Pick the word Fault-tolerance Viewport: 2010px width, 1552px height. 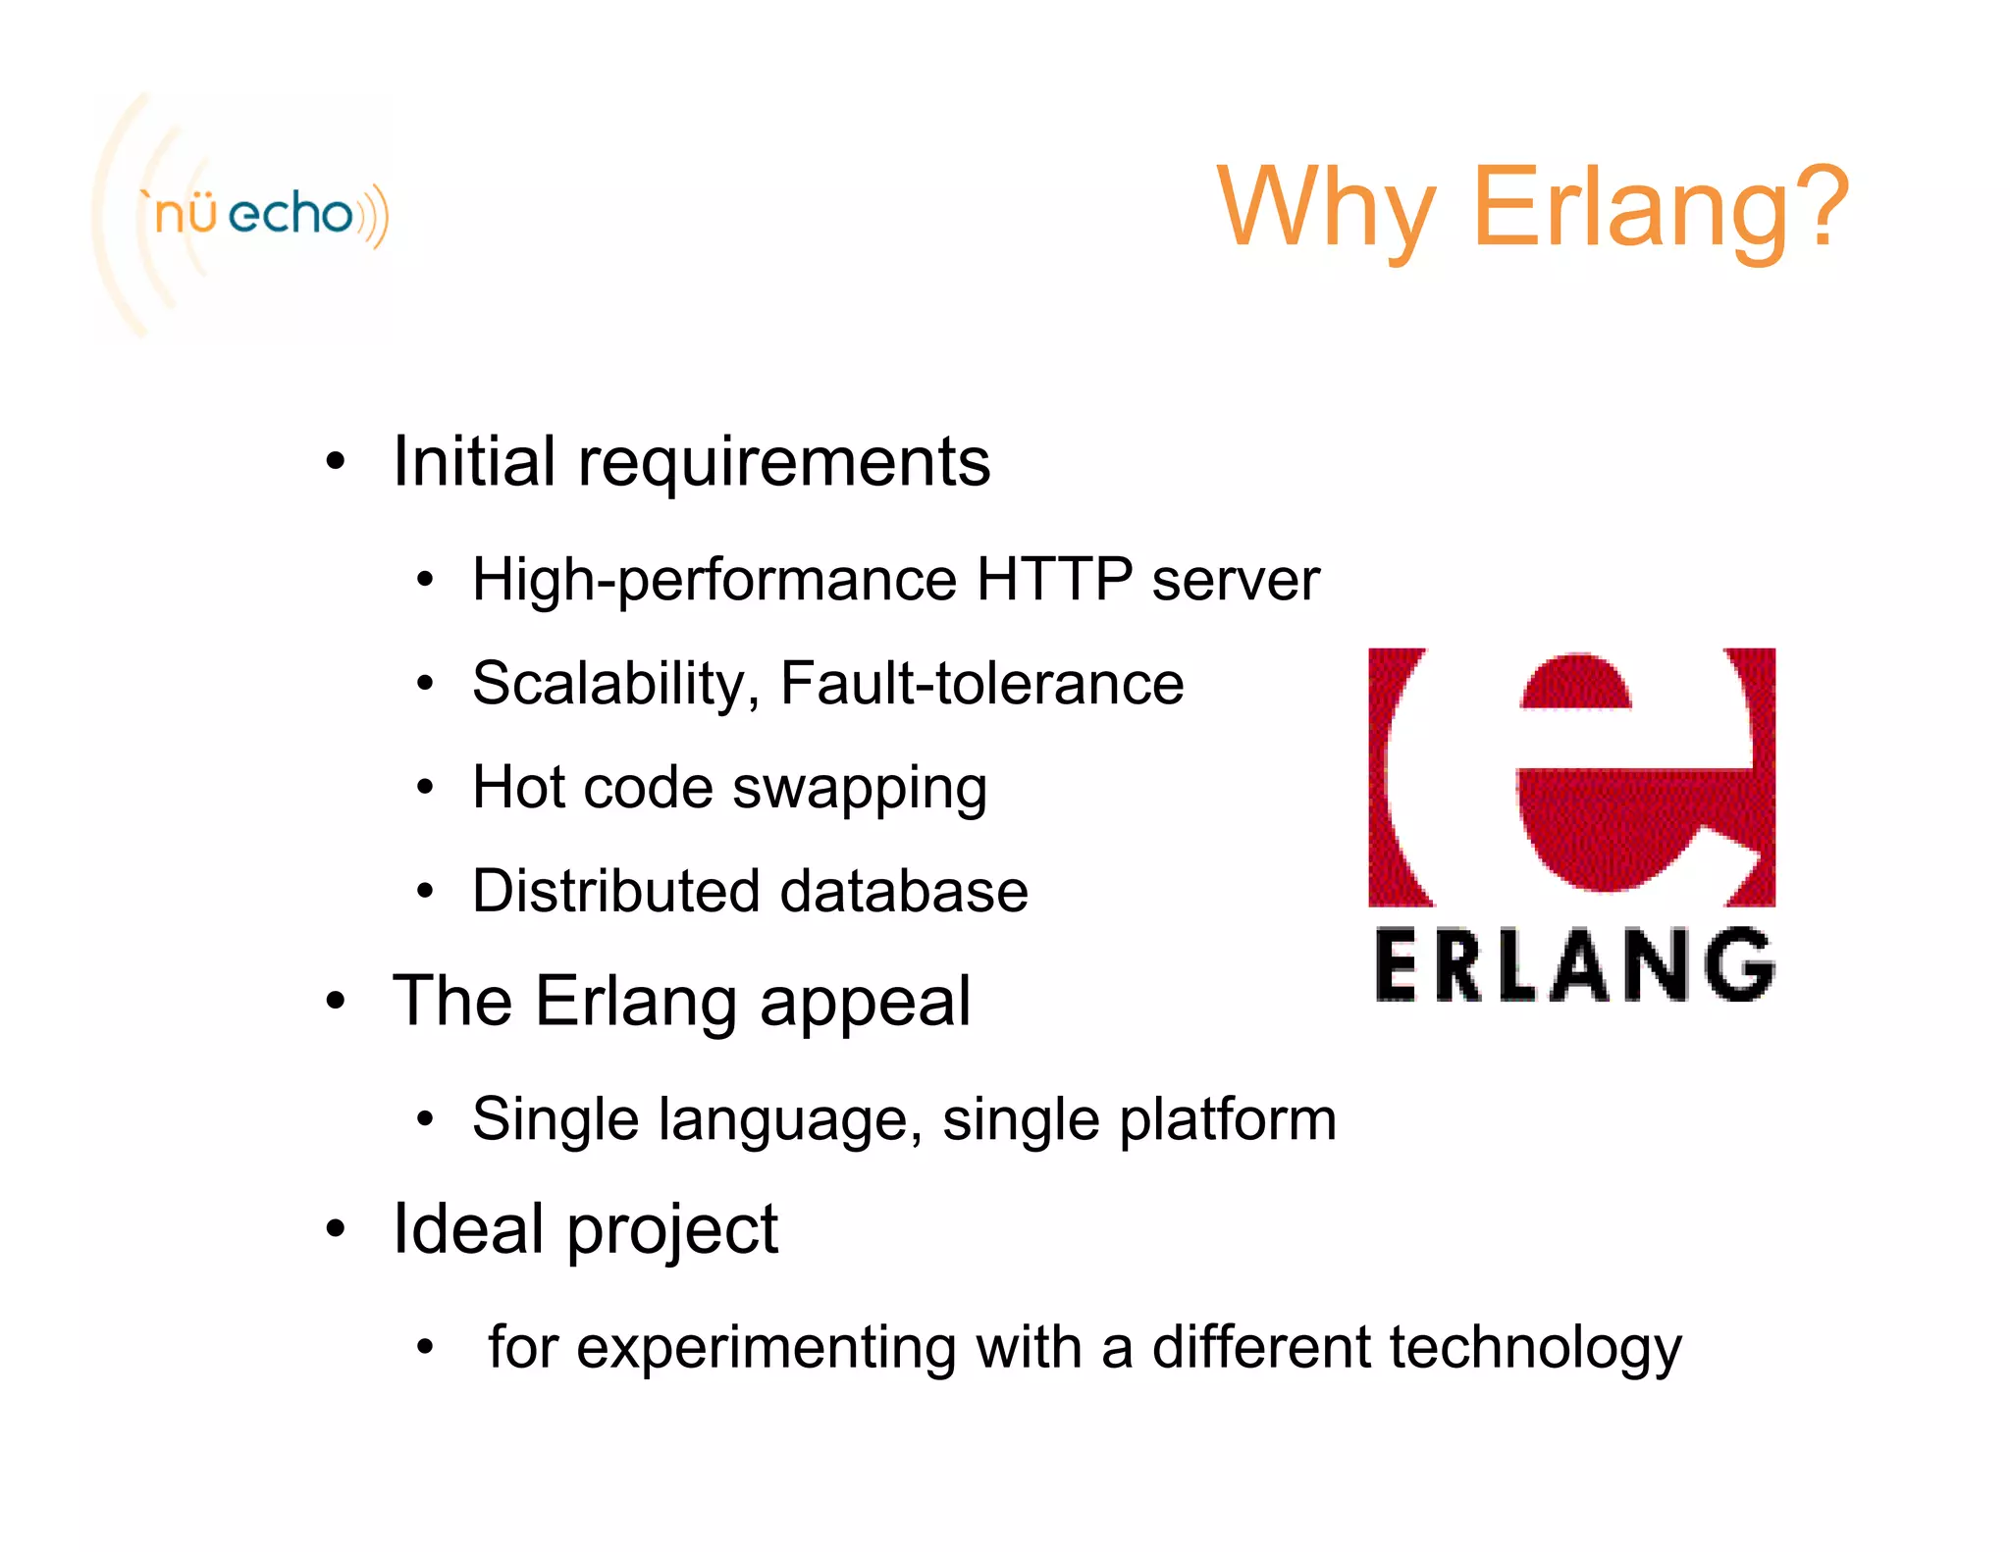tap(981, 683)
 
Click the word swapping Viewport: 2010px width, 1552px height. tap(860, 789)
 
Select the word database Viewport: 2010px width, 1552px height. tap(904, 891)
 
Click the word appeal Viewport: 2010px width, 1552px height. tap(865, 1003)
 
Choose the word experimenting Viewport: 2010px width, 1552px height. tap(766, 1348)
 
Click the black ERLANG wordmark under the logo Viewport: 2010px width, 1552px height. tap(1574, 965)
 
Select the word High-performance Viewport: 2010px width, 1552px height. tap(714, 580)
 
